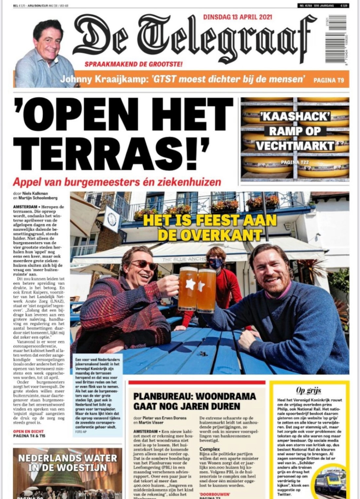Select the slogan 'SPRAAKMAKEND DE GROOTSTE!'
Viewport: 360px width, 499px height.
134,64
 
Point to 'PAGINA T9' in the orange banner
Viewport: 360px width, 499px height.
329,80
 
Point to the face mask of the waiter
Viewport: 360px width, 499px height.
216,263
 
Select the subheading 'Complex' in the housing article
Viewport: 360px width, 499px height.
209,449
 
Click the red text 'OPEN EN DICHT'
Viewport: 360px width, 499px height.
28,432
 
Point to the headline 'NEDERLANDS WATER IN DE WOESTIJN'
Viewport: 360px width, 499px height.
68,462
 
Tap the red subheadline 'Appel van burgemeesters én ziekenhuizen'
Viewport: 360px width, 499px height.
117,182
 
